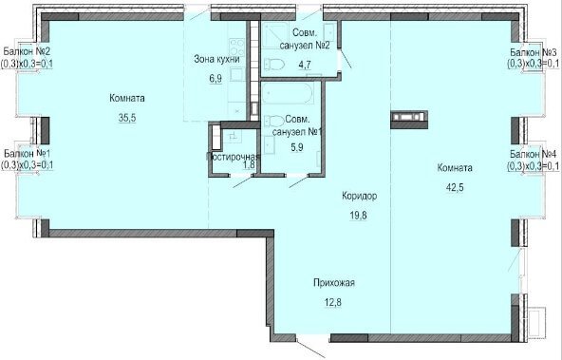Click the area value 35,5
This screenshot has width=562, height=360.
[127, 117]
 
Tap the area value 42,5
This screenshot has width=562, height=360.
[455, 187]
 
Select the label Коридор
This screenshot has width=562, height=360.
[359, 196]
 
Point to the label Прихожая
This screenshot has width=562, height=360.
[334, 283]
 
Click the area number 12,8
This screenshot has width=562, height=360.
[333, 302]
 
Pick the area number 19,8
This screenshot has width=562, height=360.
[359, 216]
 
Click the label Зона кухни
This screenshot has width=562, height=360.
[216, 59]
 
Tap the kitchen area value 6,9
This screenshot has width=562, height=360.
[215, 79]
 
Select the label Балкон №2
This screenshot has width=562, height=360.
[27, 51]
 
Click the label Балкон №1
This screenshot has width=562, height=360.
[28, 154]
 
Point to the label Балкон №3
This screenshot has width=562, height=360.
[534, 52]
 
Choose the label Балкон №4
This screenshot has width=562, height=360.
[534, 154]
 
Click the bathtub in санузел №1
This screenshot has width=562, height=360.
[288, 93]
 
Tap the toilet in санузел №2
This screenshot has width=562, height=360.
[274, 65]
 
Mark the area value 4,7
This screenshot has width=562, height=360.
[305, 65]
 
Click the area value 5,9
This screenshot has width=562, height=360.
[297, 147]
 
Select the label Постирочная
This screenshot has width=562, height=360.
[233, 157]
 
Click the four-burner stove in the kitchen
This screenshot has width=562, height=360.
[236, 47]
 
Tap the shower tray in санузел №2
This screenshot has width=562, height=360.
[275, 35]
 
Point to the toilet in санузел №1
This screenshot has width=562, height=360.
[274, 121]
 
